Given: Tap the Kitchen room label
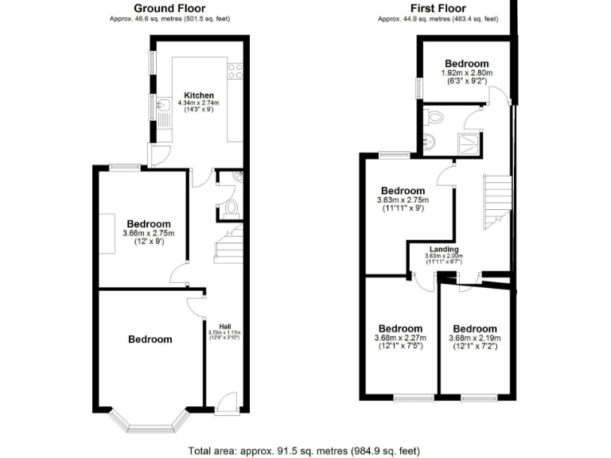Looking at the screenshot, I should click(x=198, y=95).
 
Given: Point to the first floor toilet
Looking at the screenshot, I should click(x=434, y=117).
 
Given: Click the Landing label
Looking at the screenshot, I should click(x=444, y=249).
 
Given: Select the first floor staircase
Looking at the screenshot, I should click(x=496, y=203).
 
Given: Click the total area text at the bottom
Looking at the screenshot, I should click(x=305, y=450).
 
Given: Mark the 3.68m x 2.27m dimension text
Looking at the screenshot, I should click(x=400, y=337).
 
